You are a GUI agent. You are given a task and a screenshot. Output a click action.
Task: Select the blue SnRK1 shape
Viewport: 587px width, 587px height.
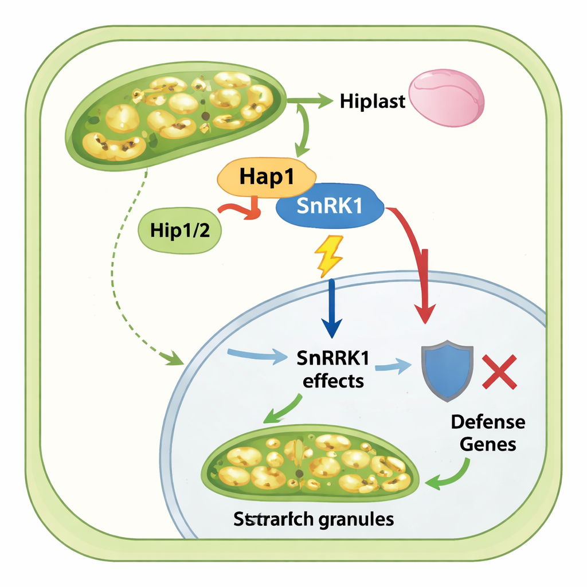click(x=330, y=207)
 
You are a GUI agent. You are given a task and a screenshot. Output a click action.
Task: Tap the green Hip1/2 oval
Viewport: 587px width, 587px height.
click(x=179, y=230)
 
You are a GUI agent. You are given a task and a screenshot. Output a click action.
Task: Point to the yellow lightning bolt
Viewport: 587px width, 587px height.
click(x=328, y=255)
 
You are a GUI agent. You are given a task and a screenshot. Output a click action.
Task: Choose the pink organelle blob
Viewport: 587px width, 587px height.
click(x=448, y=97)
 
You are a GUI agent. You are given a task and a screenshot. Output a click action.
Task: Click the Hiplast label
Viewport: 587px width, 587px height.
click(x=373, y=101)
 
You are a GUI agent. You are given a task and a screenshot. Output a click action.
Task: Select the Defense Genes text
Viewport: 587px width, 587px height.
click(x=487, y=432)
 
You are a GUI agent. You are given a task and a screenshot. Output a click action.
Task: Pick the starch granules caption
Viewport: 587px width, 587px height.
click(x=314, y=519)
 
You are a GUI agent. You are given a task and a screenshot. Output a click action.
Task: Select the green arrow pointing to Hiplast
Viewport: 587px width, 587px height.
click(x=312, y=101)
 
